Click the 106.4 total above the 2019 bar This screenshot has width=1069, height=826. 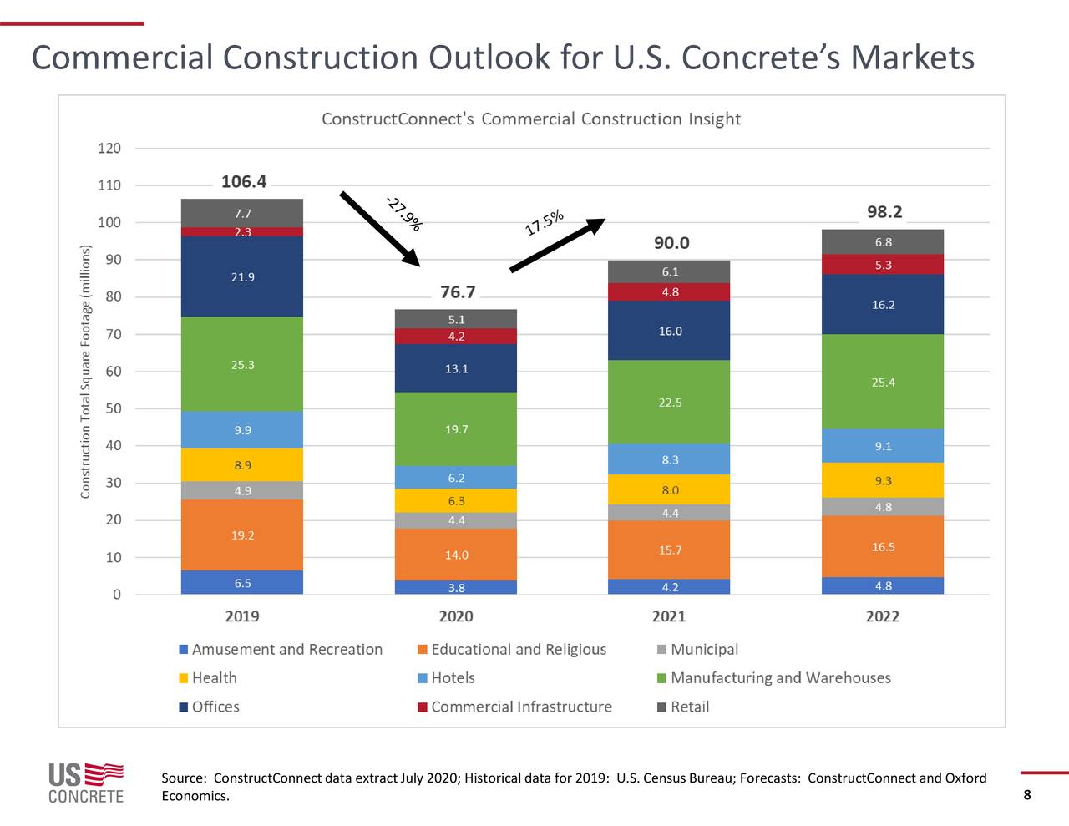243,182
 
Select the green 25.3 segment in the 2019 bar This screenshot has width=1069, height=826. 242,364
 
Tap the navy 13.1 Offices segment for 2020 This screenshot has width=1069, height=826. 456,368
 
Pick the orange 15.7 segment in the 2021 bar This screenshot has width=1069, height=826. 669,550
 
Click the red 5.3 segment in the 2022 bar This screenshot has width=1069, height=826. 883,265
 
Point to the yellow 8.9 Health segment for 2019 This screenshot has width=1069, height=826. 242,465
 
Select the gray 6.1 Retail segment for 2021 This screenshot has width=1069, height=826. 669,271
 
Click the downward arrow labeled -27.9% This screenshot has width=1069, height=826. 380,229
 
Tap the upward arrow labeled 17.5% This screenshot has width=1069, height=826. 557,246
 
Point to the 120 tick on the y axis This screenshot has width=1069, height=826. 109,149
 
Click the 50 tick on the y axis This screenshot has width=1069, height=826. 112,408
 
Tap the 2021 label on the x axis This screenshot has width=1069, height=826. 669,616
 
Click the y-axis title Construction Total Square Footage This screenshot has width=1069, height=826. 85,372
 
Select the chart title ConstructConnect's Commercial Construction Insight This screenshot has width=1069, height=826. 531,119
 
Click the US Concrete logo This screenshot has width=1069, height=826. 85,783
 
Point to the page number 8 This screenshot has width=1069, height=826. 1027,795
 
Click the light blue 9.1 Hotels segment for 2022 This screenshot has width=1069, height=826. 883,446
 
